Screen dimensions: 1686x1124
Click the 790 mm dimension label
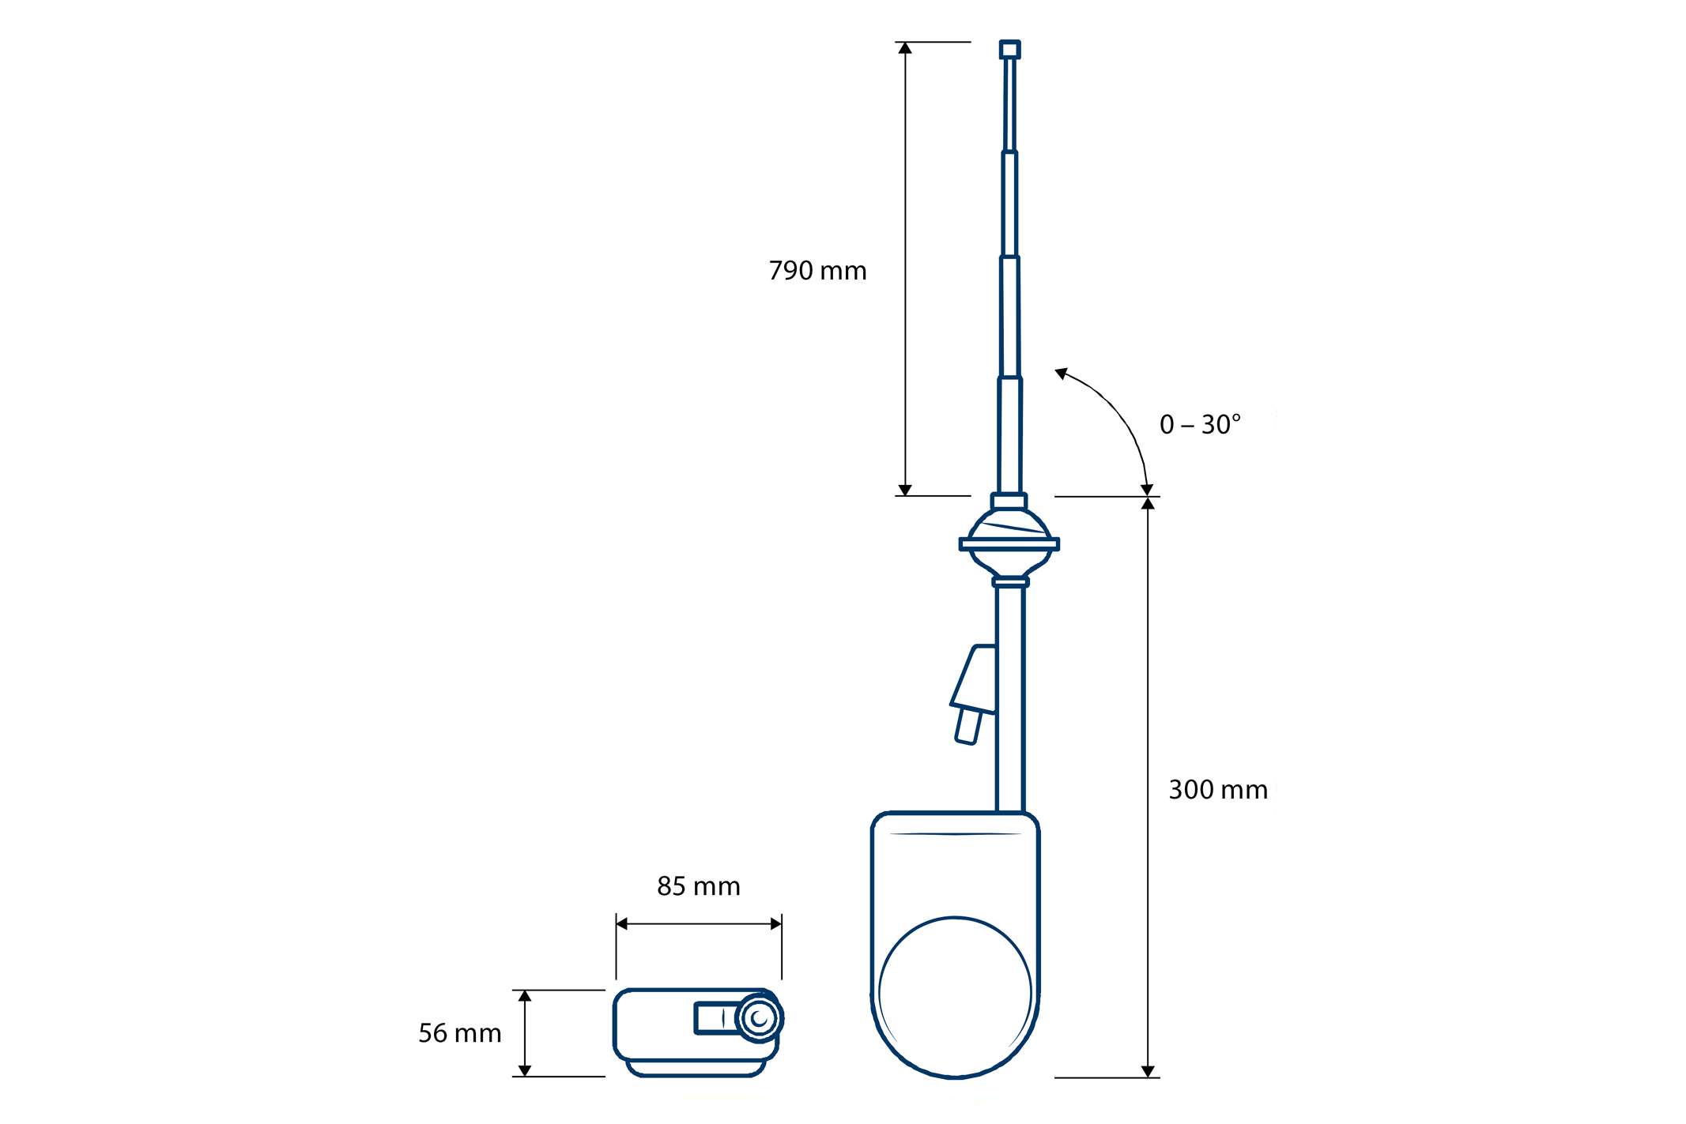click(817, 271)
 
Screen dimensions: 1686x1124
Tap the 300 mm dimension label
click(1218, 790)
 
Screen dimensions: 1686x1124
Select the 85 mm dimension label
click(699, 886)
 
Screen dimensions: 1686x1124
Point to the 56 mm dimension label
click(460, 1033)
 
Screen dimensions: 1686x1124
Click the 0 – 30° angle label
click(1200, 425)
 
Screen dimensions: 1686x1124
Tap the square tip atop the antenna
click(1009, 50)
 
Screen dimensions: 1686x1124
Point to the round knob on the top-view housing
click(760, 1018)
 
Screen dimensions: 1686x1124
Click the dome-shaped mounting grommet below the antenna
click(1009, 542)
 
